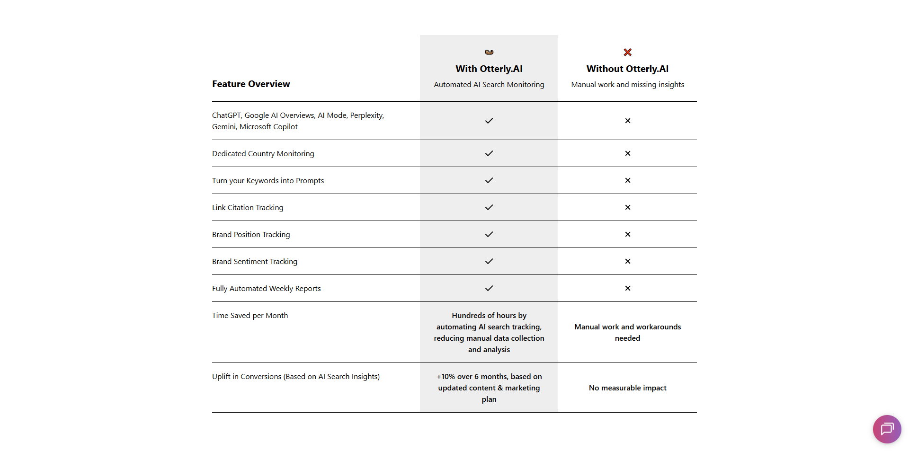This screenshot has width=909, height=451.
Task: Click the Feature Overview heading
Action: coord(251,84)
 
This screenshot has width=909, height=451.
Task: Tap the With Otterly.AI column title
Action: coord(489,69)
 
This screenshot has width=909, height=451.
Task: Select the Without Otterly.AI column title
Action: coord(627,69)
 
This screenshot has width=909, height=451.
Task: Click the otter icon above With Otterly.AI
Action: coord(489,52)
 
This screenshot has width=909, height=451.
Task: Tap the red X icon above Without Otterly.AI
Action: coord(628,52)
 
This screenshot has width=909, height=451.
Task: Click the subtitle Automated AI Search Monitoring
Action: coord(489,84)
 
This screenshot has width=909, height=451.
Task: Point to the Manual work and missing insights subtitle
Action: coord(627,84)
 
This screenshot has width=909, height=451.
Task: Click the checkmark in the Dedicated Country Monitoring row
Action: coord(489,153)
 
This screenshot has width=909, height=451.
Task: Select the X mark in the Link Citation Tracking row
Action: coord(628,207)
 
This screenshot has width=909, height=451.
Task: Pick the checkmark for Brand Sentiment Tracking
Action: coord(489,261)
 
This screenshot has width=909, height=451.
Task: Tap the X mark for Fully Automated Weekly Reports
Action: coord(628,288)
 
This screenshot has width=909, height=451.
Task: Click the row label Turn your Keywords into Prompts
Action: coord(268,180)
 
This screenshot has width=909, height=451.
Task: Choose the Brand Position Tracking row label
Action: coord(251,234)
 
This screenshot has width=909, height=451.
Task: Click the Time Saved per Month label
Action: coord(250,315)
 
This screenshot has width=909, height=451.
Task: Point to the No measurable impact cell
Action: coord(627,388)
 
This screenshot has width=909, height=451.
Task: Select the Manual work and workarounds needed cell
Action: coord(627,332)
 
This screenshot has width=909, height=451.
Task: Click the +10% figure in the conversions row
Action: coord(446,376)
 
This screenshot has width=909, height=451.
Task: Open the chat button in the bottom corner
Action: coord(887,429)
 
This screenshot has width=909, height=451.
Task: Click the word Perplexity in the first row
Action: coord(366,115)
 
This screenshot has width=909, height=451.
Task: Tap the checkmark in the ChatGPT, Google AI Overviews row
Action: coord(489,121)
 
